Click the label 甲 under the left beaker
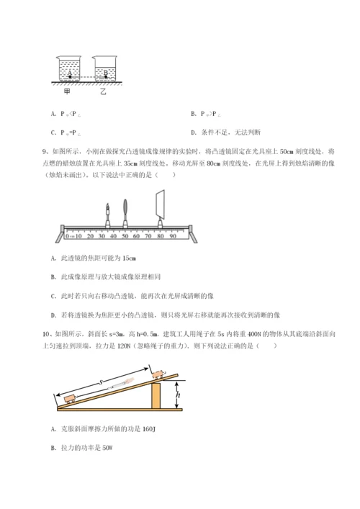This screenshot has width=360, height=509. coord(67,92)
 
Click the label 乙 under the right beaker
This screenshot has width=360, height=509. coord(103,93)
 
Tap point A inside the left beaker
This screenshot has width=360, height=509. coord(70,73)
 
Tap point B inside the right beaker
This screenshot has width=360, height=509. coord(105,73)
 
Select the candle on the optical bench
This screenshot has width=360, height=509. coord(106,216)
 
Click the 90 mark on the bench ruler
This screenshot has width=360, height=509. coord(173,236)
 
